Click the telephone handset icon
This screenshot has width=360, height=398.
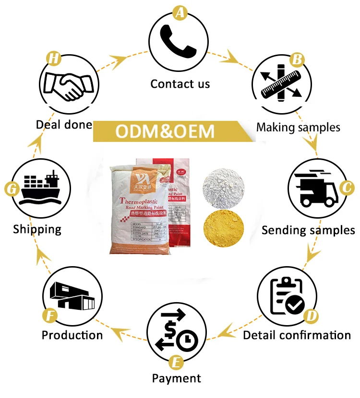[179, 42]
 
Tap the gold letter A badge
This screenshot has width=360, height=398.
[180, 12]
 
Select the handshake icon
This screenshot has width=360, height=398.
[67, 86]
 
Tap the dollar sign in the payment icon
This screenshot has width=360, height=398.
[170, 331]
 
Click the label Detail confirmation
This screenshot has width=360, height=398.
[297, 335]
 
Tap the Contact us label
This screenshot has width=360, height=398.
[180, 84]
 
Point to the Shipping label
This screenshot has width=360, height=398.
[37, 229]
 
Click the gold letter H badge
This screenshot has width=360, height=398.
[54, 59]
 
